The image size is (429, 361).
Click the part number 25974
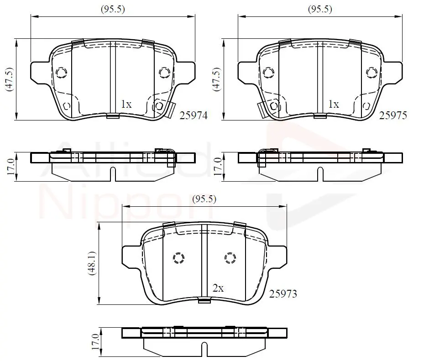194,115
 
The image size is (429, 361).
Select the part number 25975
393,115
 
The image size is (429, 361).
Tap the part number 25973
283,294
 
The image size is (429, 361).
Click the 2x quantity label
218,288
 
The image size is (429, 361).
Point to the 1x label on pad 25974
126,104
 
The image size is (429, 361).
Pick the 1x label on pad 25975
334,104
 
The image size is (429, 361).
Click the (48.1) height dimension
92,263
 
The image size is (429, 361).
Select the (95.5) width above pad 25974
113,9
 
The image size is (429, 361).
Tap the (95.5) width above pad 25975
320,9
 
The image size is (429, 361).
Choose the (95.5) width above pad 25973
204,199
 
